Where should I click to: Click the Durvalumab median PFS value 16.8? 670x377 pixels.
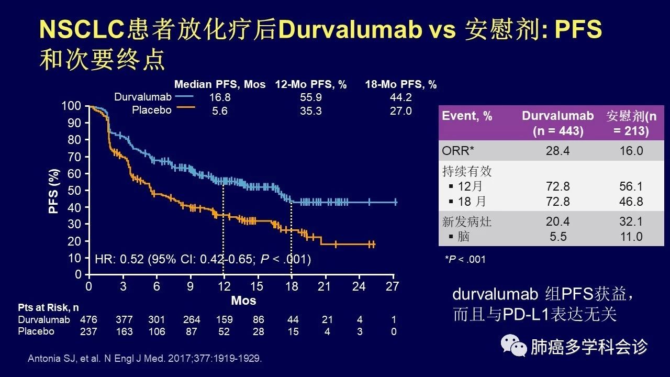click(x=220, y=97)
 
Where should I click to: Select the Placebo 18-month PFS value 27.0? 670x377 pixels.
click(x=401, y=110)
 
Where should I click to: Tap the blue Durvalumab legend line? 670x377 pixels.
click(x=184, y=97)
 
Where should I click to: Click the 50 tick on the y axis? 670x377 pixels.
click(x=75, y=190)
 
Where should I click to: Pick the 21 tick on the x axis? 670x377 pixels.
click(x=325, y=286)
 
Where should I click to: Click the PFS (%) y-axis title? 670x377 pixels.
click(x=53, y=191)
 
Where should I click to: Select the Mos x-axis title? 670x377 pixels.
click(x=243, y=301)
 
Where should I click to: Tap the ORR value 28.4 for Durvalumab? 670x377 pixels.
click(x=558, y=151)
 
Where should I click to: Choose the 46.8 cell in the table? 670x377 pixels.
click(x=631, y=202)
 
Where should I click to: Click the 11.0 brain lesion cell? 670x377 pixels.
click(x=631, y=237)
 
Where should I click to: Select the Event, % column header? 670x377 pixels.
click(x=467, y=116)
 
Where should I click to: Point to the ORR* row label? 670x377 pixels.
click(x=459, y=151)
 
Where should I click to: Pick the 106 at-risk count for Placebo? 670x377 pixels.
click(x=157, y=331)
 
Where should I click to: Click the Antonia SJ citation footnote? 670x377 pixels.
click(x=144, y=359)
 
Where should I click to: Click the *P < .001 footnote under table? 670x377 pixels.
click(x=465, y=259)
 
